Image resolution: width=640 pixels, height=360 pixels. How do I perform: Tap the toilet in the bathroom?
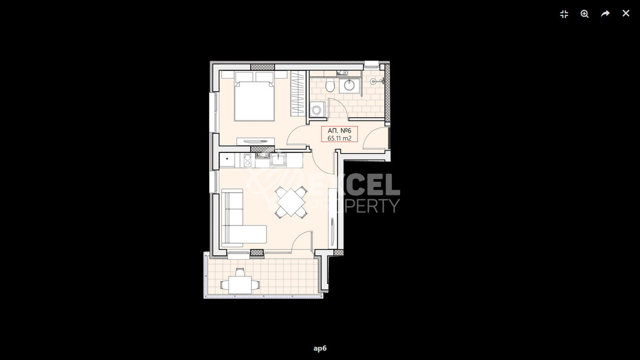tap(330, 86)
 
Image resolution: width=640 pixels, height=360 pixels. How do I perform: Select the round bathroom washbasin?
tap(350, 85)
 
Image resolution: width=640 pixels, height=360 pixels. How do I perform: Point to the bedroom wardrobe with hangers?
tap(298, 93)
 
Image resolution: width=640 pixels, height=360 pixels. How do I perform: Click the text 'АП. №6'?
tap(339, 130)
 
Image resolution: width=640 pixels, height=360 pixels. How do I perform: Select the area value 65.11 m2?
tap(339, 138)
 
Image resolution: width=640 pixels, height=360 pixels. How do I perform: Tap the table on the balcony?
tap(240, 283)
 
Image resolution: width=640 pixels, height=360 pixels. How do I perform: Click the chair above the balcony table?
tap(240, 271)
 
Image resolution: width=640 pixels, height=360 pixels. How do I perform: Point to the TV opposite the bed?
tap(255, 141)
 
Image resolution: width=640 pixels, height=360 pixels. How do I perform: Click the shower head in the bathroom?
tap(373, 82)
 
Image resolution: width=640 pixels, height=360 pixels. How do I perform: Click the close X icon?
tap(626, 14)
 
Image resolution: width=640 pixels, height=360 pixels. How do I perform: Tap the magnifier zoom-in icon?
tap(585, 14)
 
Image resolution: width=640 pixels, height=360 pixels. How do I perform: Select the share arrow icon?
tap(605, 14)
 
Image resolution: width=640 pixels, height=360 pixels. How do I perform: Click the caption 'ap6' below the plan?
tap(320, 348)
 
